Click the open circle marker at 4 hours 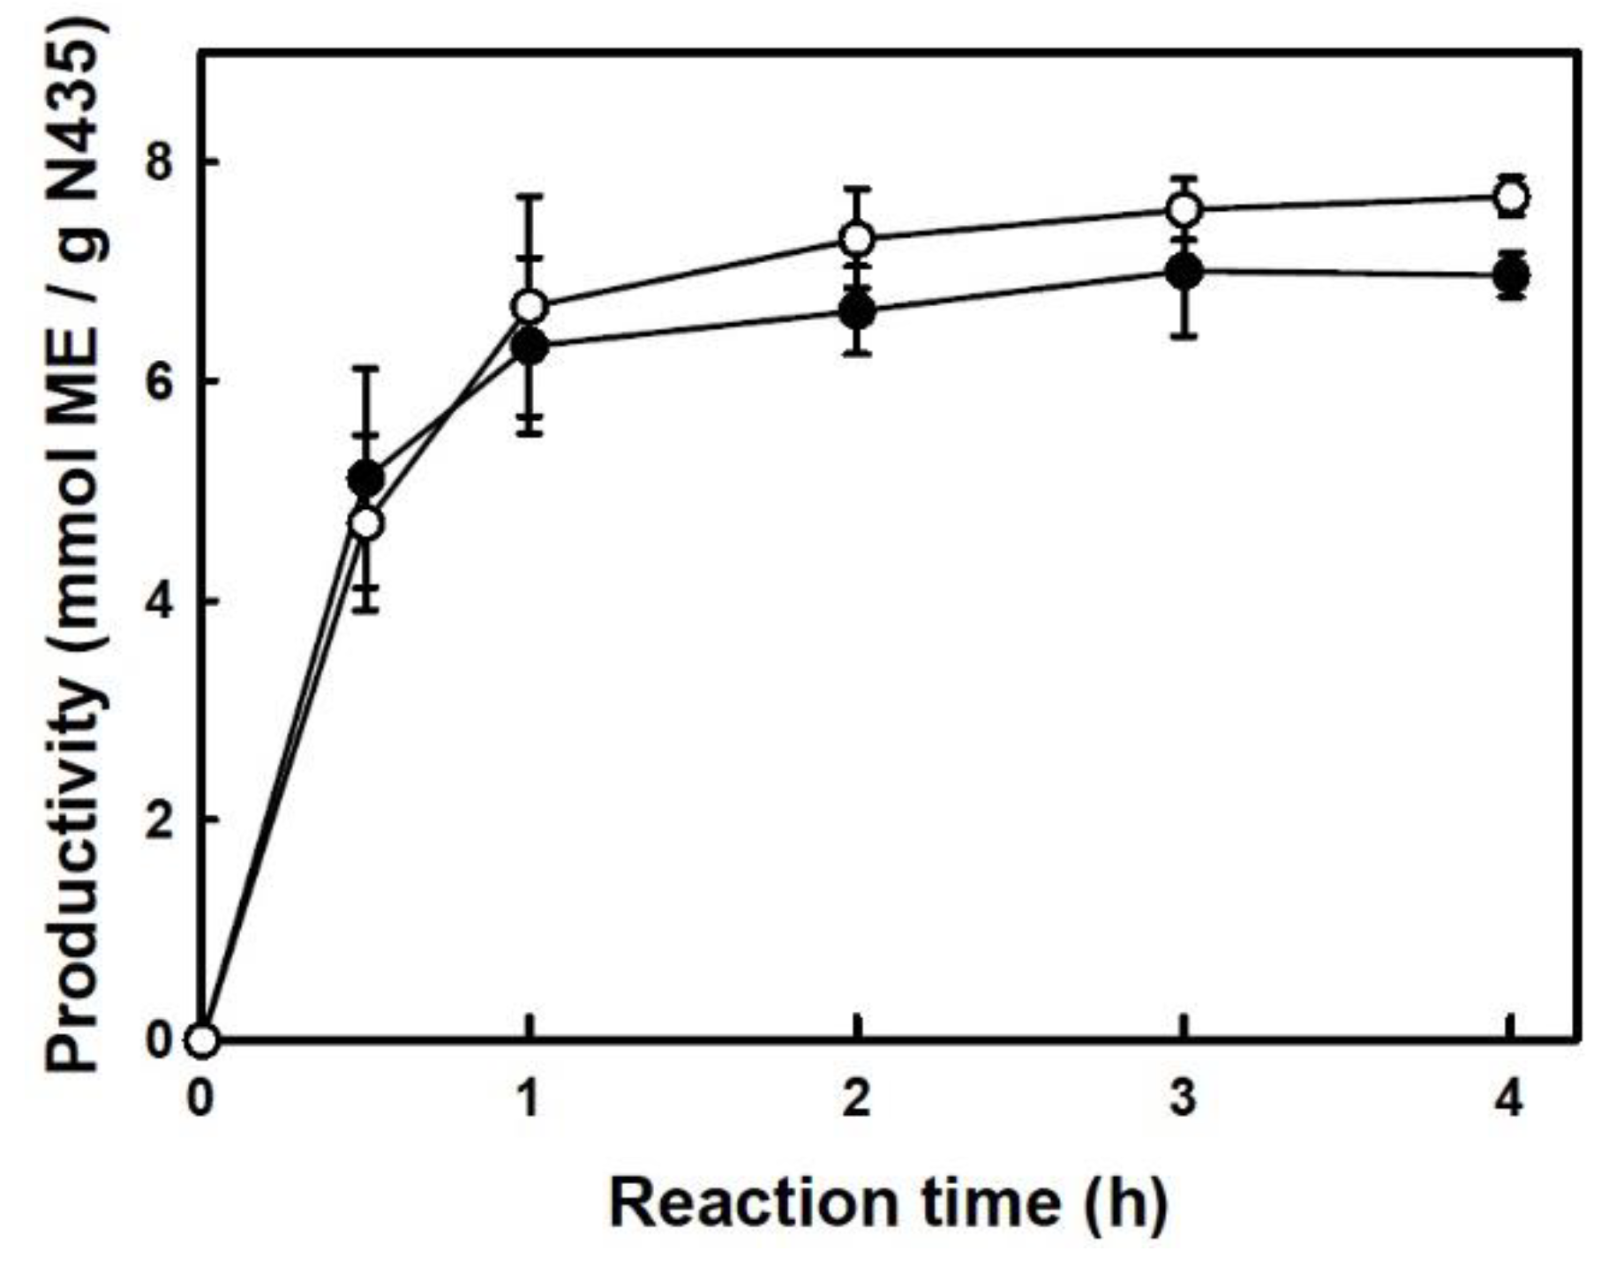[1511, 198]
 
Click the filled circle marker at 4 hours [1511, 276]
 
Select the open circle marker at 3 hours [1184, 210]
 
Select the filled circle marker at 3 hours [1184, 272]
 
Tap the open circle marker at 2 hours [857, 238]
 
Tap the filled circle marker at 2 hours [857, 311]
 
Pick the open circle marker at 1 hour [530, 307]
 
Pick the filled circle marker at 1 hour [530, 348]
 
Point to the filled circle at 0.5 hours [366, 479]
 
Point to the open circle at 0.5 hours [366, 524]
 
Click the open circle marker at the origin [203, 1040]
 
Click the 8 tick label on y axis [158, 163]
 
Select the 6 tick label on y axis [158, 382]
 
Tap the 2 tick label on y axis [158, 820]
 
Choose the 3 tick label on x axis [1184, 1100]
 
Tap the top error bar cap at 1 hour [530, 196]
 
